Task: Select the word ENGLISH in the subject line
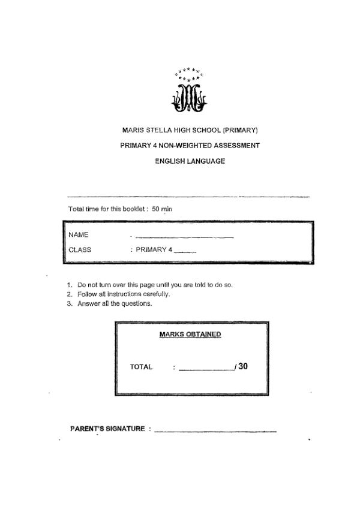(x=169, y=161)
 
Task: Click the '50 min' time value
(x=162, y=209)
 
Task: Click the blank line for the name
(x=184, y=237)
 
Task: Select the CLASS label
(x=80, y=249)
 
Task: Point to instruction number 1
(x=70, y=285)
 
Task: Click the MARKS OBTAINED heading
(x=190, y=335)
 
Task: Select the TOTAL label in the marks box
(x=142, y=367)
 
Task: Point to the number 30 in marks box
(x=243, y=366)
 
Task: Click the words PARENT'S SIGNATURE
(x=107, y=429)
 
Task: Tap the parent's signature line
(x=215, y=432)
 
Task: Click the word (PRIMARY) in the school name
(x=240, y=129)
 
